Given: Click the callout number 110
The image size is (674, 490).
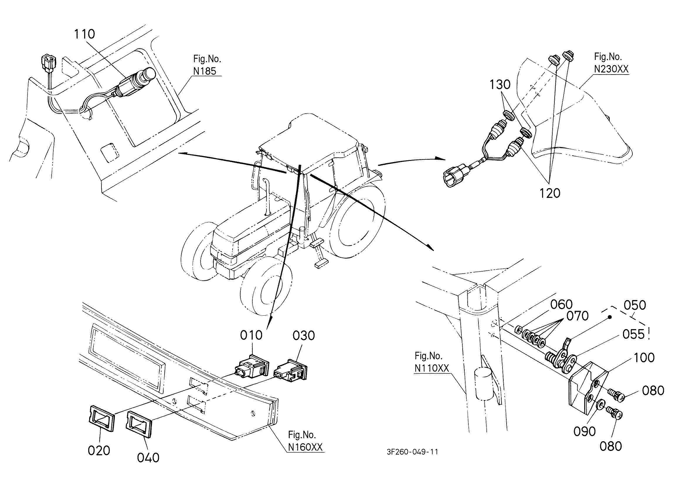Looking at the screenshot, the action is [84, 34].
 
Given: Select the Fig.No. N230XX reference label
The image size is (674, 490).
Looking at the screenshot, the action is [611, 63].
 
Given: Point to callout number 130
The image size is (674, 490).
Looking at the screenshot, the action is [500, 85].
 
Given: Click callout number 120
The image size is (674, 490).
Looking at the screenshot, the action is [550, 193].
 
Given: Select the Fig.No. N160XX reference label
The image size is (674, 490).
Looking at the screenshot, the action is [305, 441].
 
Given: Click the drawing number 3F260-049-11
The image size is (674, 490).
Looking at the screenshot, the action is [412, 452].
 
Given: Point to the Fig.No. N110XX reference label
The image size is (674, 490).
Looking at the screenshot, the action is [432, 362].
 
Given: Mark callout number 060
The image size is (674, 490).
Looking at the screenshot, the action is [561, 304].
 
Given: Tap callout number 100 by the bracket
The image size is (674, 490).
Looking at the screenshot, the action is [644, 358].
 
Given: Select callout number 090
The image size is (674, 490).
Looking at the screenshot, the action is [585, 431].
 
